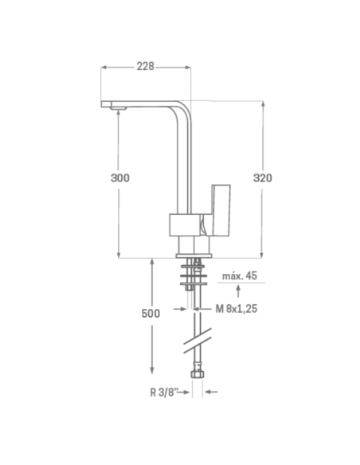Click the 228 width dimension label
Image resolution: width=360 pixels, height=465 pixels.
145,66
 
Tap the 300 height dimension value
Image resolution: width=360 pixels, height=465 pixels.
120,178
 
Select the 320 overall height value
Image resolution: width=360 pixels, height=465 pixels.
263,178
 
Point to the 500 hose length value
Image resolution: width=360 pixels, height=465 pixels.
151,314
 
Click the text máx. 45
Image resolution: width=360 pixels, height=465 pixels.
240,275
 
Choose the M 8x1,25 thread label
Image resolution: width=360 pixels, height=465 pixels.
237,309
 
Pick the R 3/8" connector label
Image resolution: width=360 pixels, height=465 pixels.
164,393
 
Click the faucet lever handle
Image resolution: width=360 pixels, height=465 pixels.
221,210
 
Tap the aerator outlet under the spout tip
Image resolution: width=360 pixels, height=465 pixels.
118,108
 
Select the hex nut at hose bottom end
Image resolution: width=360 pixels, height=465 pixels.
198,373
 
